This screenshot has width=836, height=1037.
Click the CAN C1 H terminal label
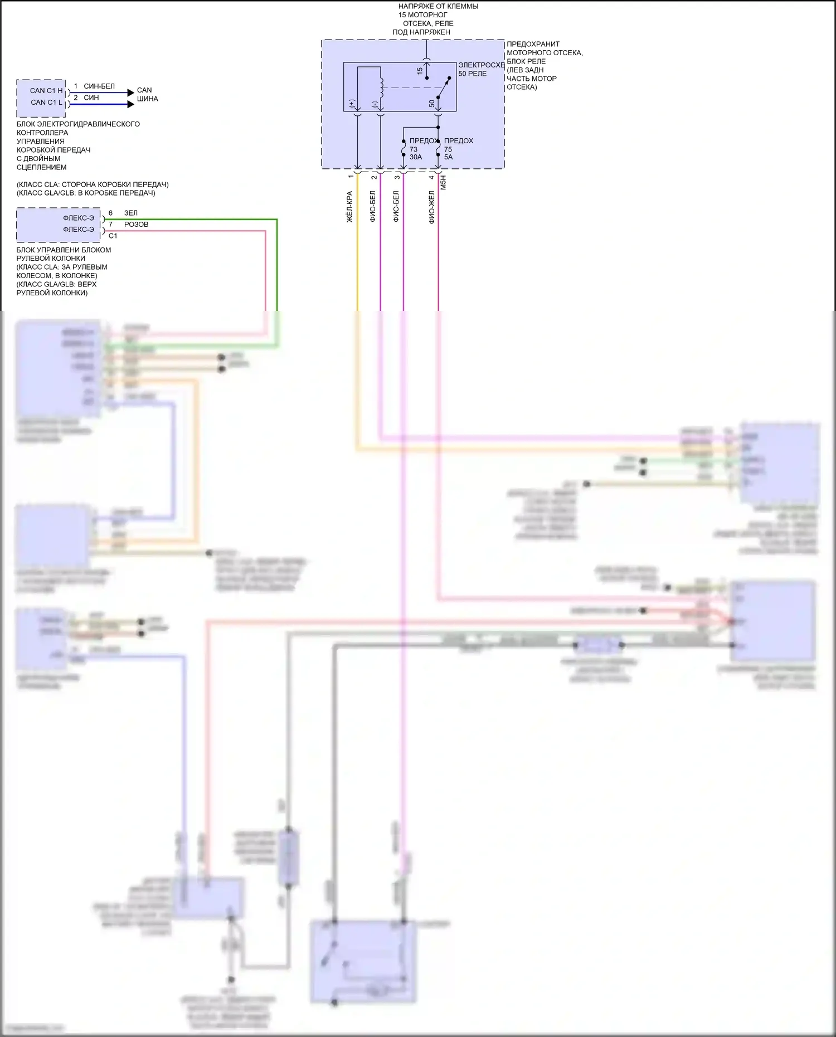pos(46,90)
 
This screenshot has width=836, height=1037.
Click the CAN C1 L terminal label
pos(46,102)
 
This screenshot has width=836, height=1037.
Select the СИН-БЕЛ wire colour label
pos(99,86)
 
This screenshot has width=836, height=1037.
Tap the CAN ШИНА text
pos(147,94)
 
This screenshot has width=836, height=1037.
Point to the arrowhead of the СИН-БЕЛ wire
pos(131,92)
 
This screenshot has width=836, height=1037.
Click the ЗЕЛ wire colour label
pos(130,213)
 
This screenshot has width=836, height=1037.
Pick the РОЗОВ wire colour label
pos(136,225)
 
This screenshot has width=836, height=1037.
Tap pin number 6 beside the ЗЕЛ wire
pos(110,213)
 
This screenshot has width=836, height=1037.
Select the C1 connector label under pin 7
pos(113,236)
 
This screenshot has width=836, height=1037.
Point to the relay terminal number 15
pos(420,71)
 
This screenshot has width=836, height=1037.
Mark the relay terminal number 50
pos(432,104)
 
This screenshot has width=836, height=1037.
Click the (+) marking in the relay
pos(352,104)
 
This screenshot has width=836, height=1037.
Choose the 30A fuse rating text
pos(416,157)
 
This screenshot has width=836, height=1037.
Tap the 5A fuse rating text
pos(449,157)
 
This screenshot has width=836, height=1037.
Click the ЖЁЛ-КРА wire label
pos(350,207)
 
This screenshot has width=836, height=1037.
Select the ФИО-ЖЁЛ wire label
pos(431,207)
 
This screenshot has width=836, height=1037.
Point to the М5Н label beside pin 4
pos(444,183)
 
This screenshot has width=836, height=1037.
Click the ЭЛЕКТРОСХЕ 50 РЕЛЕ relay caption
pos(480,69)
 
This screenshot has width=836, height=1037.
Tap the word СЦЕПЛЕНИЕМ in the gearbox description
pos(41,167)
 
